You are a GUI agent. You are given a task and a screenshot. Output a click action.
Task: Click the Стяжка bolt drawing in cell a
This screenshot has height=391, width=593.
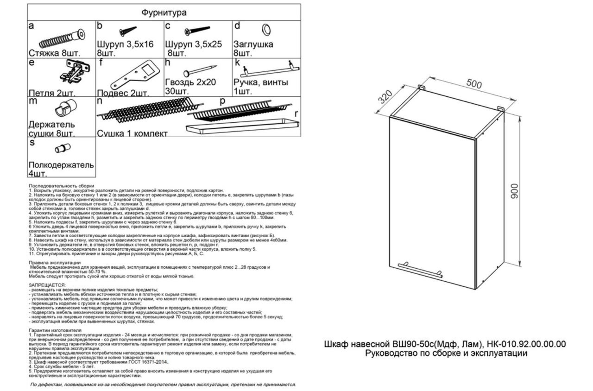(x=61, y=39)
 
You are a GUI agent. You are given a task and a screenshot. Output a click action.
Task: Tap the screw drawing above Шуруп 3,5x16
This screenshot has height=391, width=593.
(x=128, y=31)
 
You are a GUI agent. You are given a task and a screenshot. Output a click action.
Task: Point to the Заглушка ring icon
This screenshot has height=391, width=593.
(x=267, y=30)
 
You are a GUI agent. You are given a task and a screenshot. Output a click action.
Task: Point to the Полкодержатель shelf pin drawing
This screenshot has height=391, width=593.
(x=62, y=148)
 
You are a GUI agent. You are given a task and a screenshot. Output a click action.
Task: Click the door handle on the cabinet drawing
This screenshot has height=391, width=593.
(x=420, y=270)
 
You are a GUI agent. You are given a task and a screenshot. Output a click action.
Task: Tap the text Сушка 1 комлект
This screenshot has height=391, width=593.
(x=132, y=134)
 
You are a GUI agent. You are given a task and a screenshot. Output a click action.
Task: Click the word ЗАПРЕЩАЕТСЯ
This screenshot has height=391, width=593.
(x=47, y=285)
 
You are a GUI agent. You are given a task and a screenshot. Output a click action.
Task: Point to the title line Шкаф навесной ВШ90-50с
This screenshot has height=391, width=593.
(x=444, y=345)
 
